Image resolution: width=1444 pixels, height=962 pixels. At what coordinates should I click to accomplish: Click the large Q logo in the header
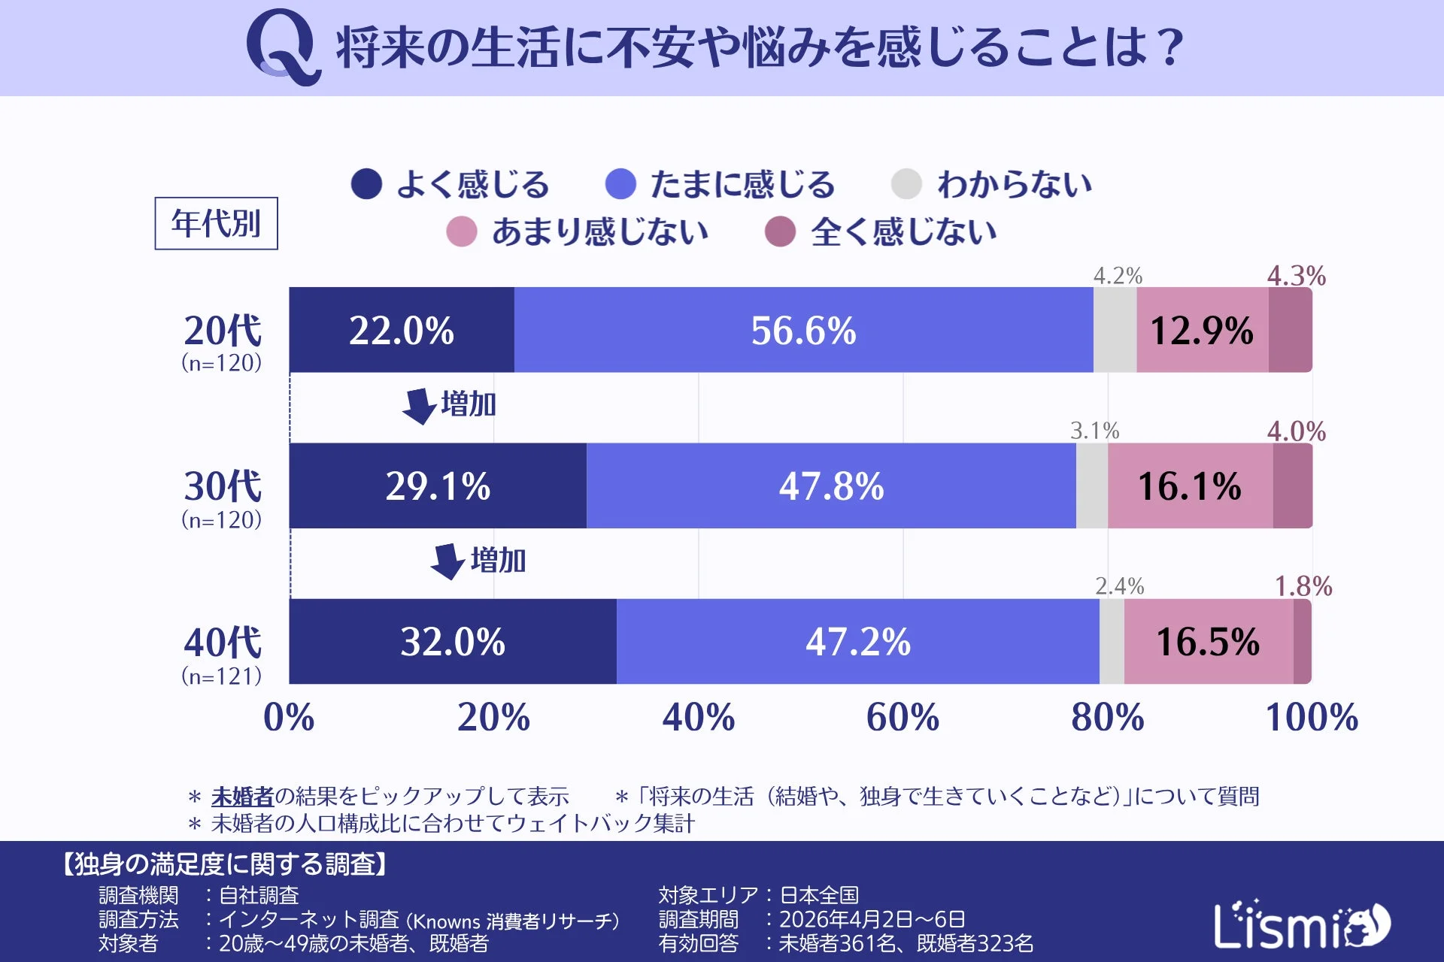283,47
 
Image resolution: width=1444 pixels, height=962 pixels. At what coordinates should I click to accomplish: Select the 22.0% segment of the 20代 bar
402,330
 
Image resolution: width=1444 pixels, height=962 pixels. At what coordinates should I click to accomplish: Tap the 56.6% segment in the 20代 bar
803,330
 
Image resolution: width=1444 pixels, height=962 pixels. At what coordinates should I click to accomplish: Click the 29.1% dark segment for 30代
438,486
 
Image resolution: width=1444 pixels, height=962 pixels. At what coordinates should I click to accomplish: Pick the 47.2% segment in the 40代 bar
857,641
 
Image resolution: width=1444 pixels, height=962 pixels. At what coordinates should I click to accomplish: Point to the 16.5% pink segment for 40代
1208,641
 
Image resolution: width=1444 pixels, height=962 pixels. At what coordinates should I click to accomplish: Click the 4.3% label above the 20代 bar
1296,276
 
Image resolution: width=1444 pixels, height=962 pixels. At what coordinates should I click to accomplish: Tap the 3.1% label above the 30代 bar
1094,431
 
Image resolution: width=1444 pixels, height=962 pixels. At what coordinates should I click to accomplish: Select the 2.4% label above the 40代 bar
1119,586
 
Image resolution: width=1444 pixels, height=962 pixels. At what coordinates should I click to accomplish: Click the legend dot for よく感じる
367,184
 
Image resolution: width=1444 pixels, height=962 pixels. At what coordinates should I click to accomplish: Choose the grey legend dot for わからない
906,184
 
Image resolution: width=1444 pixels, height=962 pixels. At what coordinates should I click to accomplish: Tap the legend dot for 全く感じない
780,231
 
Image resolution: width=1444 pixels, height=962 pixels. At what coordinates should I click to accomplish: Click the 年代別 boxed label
216,223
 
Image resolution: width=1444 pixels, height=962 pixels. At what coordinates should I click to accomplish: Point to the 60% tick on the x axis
902,717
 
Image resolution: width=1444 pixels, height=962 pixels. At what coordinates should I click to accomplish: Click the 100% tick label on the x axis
1312,717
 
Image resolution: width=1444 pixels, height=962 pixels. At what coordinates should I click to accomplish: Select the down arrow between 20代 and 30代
419,406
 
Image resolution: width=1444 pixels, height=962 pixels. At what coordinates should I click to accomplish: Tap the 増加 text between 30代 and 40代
498,561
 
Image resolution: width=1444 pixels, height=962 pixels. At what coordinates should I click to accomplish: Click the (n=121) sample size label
222,676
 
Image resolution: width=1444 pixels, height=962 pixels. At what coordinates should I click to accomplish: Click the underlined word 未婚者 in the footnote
242,796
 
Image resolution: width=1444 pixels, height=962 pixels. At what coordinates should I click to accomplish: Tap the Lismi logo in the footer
1301,925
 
